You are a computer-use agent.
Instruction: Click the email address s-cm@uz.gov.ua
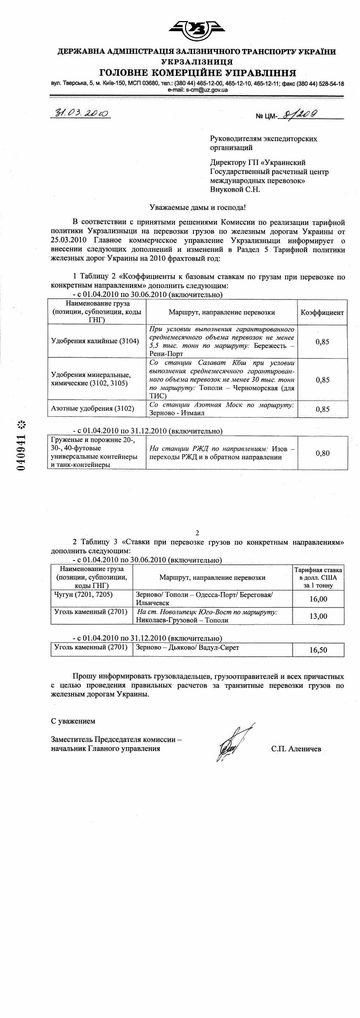pyautogui.click(x=197, y=90)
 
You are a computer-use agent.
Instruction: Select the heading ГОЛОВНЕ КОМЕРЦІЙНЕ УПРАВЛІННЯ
pyautogui.click(x=197, y=73)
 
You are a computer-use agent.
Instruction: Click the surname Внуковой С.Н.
pyautogui.click(x=235, y=189)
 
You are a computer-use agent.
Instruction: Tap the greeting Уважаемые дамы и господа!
pyautogui.click(x=197, y=207)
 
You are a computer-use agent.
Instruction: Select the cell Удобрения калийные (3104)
pyautogui.click(x=95, y=341)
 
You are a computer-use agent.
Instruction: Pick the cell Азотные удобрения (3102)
pyautogui.click(x=93, y=408)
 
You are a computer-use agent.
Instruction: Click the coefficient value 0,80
pyautogui.click(x=323, y=453)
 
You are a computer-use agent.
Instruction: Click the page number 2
pyautogui.click(x=197, y=533)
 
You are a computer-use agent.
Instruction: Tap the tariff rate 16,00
pyautogui.click(x=318, y=599)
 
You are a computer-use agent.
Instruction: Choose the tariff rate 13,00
pyautogui.click(x=318, y=616)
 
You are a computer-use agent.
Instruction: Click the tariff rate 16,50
pyautogui.click(x=318, y=650)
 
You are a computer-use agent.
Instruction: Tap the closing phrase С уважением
pyautogui.click(x=73, y=721)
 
